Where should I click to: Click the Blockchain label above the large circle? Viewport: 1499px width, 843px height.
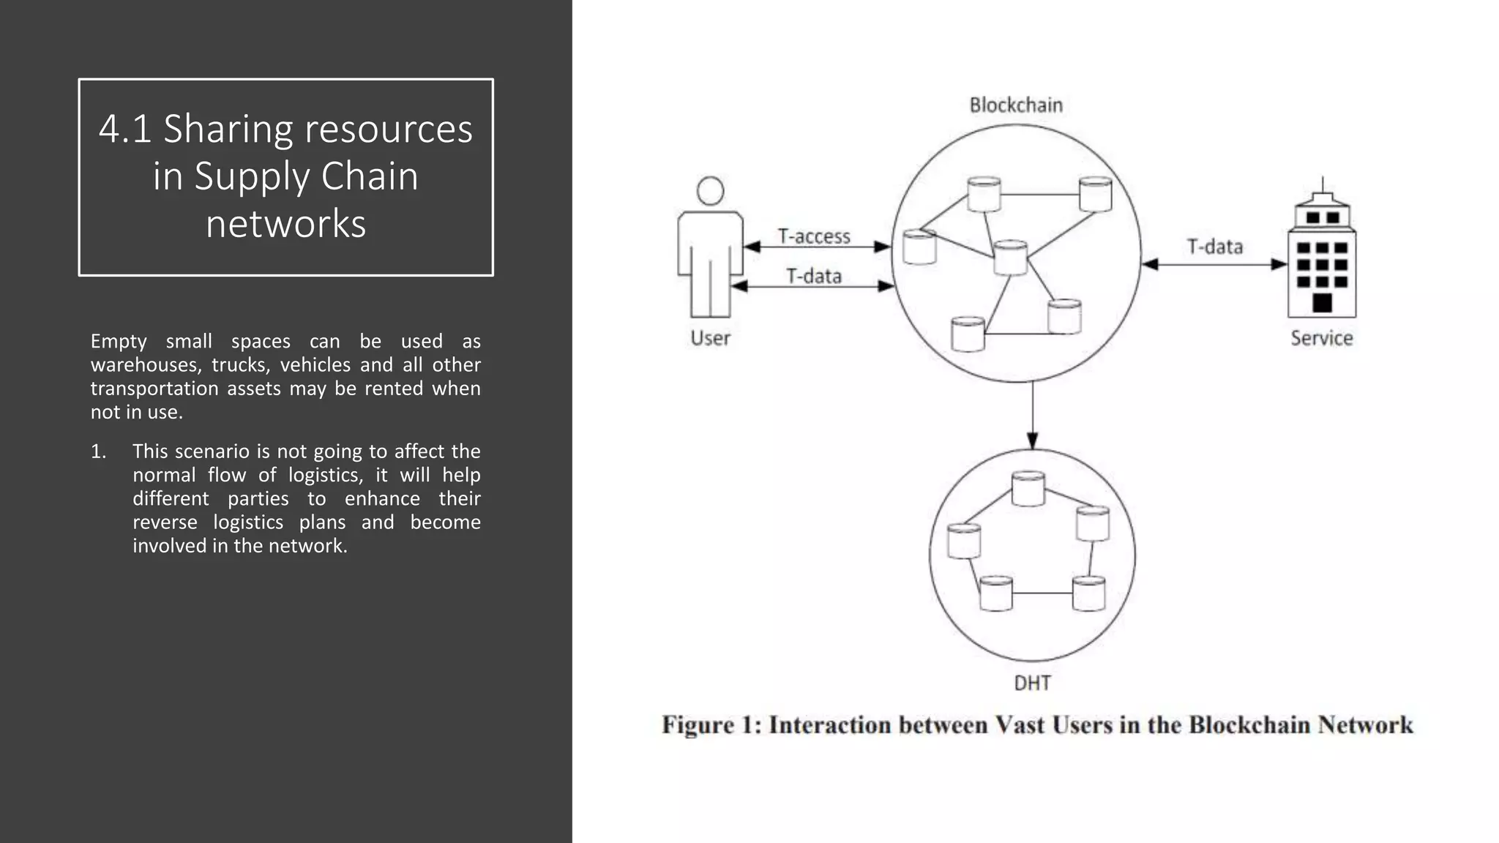click(x=1015, y=105)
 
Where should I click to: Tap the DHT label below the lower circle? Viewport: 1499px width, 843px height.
click(x=1032, y=683)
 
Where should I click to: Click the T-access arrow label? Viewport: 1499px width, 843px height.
click(x=814, y=236)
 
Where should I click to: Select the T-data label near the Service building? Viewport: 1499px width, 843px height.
click(x=1214, y=247)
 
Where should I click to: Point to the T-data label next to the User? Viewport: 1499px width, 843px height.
click(x=814, y=276)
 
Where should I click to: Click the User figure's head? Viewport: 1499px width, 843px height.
click(x=710, y=191)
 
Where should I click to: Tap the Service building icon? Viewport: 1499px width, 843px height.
click(x=1322, y=256)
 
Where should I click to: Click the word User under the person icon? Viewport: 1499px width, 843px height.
click(x=710, y=338)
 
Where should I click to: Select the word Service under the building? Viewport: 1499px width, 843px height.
click(x=1321, y=338)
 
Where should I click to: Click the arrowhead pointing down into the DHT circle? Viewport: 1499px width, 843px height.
click(x=1032, y=441)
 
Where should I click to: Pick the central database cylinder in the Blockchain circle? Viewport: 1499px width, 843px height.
click(x=1011, y=258)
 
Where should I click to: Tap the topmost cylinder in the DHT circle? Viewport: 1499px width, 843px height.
click(x=1028, y=488)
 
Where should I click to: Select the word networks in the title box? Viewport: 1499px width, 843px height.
click(x=285, y=223)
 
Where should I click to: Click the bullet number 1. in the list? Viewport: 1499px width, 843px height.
click(x=99, y=452)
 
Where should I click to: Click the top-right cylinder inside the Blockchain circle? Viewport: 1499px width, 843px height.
click(x=1095, y=194)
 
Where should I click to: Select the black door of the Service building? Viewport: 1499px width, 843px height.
click(x=1322, y=302)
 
